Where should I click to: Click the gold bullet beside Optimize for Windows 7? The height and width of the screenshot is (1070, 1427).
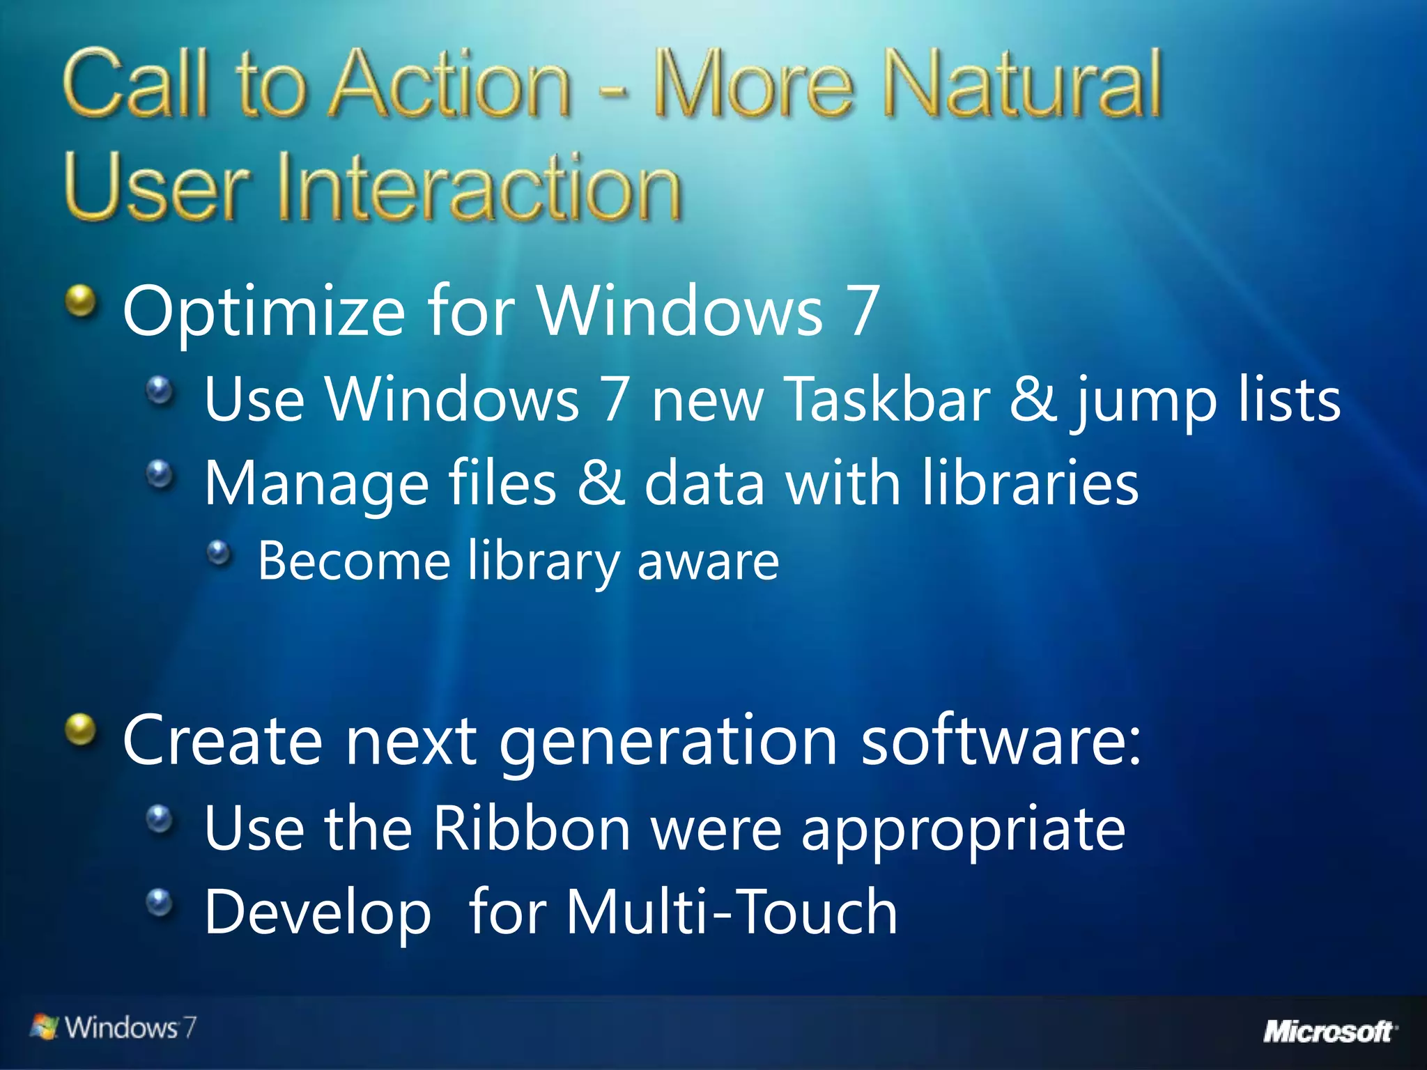(82, 302)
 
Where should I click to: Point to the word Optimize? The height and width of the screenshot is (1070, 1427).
(263, 311)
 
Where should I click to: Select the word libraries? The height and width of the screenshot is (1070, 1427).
(1031, 483)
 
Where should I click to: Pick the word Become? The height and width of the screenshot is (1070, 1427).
(354, 561)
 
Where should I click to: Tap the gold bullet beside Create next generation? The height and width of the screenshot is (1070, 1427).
(82, 730)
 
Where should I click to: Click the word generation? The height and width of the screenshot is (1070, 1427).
(668, 741)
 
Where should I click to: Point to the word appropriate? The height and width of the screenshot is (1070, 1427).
(963, 830)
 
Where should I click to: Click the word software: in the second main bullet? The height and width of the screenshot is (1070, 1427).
(1002, 740)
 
